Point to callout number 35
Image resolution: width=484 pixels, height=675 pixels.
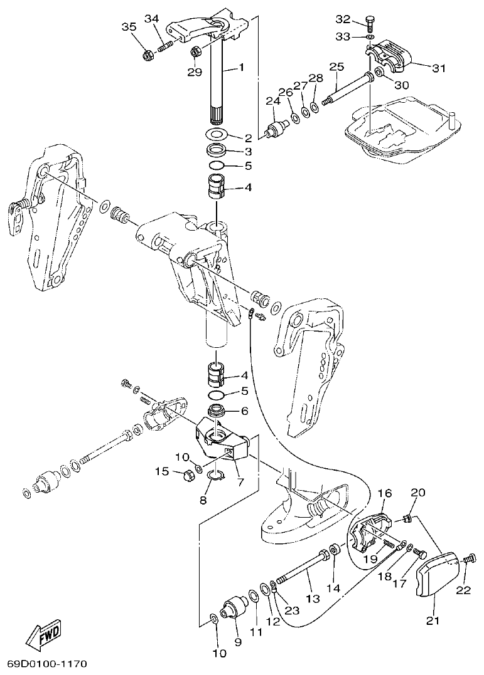tap(129, 26)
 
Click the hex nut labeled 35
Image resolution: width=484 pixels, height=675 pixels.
tap(149, 56)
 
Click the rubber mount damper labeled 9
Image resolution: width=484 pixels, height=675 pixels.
tap(234, 609)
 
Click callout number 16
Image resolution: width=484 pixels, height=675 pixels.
tap(384, 494)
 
